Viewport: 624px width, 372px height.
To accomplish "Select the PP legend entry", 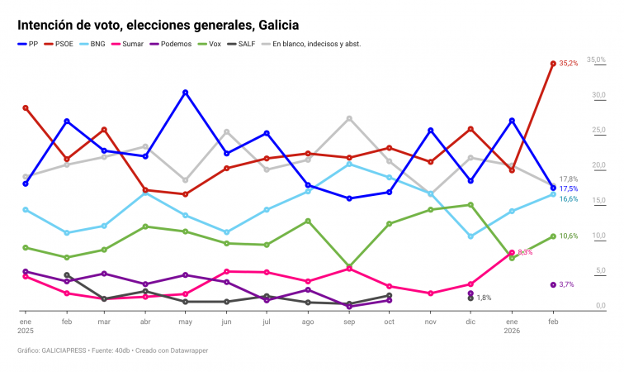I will point(28,44).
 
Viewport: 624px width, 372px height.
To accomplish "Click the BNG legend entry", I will point(92,44).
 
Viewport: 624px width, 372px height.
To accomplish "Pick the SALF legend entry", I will point(242,44).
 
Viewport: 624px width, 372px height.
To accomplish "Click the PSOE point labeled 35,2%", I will point(553,63).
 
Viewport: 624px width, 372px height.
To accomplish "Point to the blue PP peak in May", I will point(186,92).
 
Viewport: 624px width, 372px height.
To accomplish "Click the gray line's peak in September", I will point(349,118).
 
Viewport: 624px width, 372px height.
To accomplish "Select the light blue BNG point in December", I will point(470,236).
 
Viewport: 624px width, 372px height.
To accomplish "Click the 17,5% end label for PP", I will point(569,189).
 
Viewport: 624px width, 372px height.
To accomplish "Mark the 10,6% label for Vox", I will point(569,236).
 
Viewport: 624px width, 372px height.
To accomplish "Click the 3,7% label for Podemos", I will point(567,284).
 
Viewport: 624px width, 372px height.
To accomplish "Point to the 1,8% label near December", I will point(485,298).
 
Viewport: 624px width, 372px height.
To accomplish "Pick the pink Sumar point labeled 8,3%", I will point(512,252).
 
